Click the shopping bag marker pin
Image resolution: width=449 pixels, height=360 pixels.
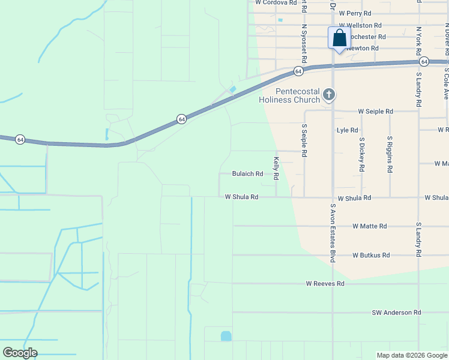[x=339, y=38]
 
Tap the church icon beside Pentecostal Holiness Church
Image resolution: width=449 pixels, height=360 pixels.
[x=328, y=94]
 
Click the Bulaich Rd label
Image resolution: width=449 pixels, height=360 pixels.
[x=247, y=174]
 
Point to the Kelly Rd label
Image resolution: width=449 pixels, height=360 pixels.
[x=277, y=169]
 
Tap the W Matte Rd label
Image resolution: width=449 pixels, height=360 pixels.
[x=370, y=226]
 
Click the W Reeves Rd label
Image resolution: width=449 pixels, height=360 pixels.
[x=325, y=283]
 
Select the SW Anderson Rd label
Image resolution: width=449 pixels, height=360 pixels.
[x=396, y=313]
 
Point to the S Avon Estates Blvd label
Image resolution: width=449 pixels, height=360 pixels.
[x=333, y=233]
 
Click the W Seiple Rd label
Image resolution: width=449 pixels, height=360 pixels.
[x=375, y=112]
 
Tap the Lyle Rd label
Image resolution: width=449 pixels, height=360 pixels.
[x=348, y=130]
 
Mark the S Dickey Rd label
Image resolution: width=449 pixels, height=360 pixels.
[x=361, y=155]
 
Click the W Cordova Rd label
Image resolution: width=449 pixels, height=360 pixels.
[x=276, y=2]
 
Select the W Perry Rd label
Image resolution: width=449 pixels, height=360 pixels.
[x=355, y=13]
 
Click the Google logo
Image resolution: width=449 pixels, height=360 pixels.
[x=20, y=353]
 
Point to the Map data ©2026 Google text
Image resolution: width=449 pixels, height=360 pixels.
[x=411, y=355]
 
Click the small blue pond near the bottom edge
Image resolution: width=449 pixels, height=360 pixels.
[x=226, y=336]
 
